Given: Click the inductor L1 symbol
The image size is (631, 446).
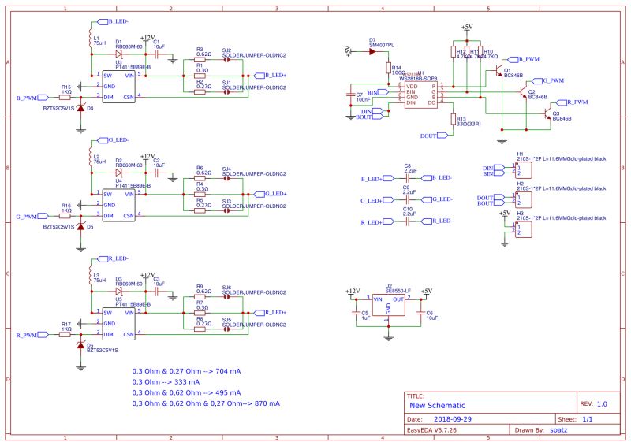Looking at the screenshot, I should pos(90,39).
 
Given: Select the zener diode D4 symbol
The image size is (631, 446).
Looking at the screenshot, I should pos(80,107).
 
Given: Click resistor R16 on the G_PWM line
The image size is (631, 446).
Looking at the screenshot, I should pos(66,215).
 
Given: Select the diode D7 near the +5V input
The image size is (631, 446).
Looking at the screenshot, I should pos(372,51).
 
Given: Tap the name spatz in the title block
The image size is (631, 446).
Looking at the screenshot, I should pos(560,431).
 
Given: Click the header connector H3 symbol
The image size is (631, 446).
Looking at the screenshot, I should pos(521,229).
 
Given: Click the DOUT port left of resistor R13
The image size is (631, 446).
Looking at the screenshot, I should pos(429,136).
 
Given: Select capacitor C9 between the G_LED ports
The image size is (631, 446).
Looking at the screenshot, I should pos(409,200).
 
